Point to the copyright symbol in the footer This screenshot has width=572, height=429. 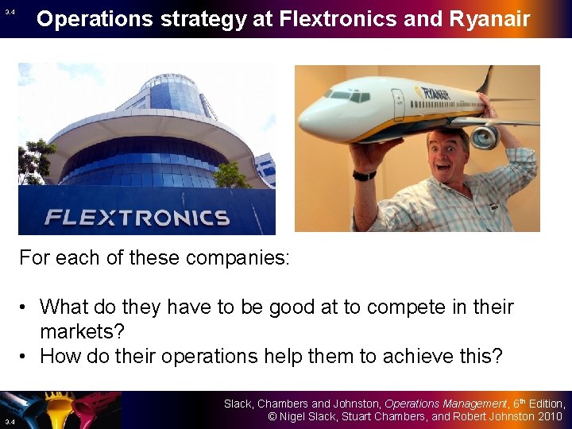pos(271,417)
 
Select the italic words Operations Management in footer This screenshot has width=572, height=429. pos(446,404)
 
